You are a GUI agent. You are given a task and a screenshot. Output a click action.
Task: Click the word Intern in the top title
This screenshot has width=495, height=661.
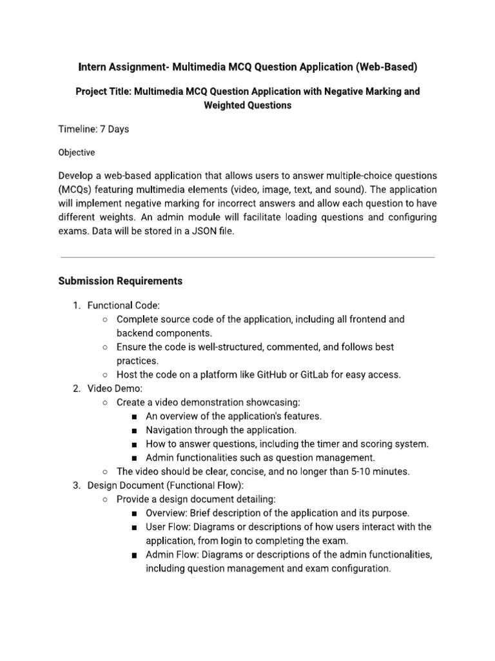click(x=92, y=66)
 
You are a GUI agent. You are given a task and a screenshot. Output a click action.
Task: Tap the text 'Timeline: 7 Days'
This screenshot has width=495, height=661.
click(x=93, y=129)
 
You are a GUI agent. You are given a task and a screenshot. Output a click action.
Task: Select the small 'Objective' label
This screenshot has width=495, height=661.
click(x=77, y=153)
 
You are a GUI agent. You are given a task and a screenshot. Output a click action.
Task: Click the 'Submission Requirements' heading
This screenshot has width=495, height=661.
click(x=121, y=281)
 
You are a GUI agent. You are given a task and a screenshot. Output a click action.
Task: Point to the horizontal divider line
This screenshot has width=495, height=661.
click(x=247, y=258)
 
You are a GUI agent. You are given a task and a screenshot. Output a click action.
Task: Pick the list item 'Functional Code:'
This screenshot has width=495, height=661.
click(x=123, y=305)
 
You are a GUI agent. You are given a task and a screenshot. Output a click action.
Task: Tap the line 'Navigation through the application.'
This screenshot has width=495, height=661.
click(x=221, y=430)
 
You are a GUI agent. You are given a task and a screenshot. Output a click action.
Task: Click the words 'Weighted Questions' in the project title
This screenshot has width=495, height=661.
click(x=247, y=105)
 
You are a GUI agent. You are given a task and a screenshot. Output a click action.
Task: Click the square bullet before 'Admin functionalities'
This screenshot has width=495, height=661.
click(x=133, y=458)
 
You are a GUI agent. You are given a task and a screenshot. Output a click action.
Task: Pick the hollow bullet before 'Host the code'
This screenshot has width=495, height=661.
click(x=104, y=375)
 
